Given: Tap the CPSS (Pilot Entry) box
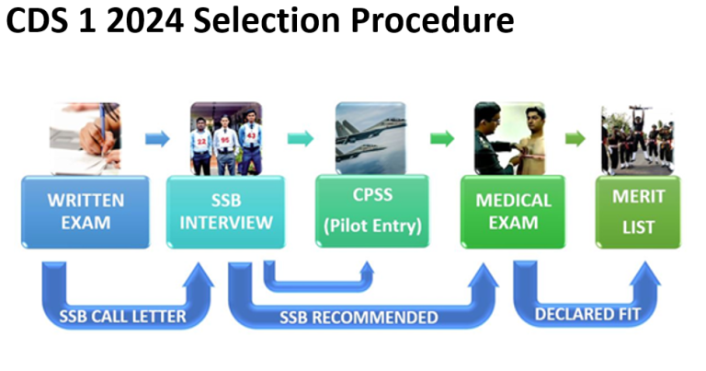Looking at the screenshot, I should tap(371, 211).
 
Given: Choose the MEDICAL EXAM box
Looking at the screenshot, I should tap(513, 211).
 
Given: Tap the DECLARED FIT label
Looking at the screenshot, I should tap(587, 314).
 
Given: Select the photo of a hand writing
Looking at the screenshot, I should tap(85, 138).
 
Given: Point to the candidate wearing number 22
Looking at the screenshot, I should tap(200, 145).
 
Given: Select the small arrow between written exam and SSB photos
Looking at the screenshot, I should tap(157, 139).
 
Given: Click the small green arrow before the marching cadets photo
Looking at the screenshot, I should tap(576, 139).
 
